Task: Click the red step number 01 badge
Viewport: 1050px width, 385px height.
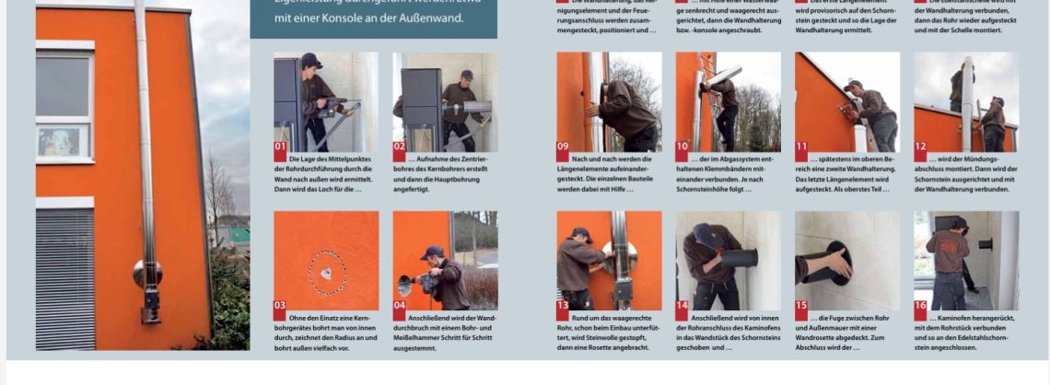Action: [280, 146]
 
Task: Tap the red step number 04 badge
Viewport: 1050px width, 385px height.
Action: [400, 305]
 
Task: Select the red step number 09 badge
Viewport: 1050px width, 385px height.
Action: [563, 146]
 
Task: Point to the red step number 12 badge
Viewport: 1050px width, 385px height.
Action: [920, 146]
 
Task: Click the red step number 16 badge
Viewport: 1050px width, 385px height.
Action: [920, 305]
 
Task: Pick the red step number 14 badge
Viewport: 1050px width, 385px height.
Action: [682, 305]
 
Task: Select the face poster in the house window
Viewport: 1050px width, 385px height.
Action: [63, 141]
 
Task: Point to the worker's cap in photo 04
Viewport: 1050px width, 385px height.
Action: [432, 251]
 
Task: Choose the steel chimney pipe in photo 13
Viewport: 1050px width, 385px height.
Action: [620, 249]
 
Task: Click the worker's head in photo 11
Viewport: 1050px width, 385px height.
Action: [853, 87]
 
